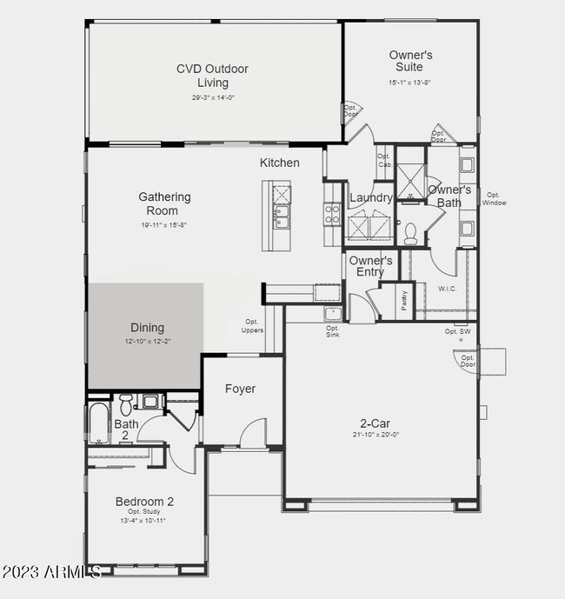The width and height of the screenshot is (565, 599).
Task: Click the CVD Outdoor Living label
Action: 212,76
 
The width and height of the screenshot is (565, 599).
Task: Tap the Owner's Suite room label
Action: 410,62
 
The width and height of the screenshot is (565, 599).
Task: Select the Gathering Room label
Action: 164,203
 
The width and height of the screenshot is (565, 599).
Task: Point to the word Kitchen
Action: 279,163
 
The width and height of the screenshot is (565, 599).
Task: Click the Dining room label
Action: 147,328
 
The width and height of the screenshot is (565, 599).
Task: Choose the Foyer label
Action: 240,389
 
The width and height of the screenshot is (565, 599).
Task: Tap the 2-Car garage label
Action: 375,423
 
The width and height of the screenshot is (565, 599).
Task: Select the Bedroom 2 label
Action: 145,502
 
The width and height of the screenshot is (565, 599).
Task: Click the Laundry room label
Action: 371,198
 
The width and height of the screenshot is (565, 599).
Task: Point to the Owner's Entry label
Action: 370,266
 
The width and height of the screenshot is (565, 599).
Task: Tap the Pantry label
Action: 405,300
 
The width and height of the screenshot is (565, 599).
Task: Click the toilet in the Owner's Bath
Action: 411,230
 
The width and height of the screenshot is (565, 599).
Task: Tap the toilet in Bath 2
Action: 126,403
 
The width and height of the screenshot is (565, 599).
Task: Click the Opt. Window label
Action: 495,199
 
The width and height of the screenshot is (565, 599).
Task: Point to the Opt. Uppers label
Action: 253,326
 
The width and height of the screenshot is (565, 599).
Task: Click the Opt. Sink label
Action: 332,331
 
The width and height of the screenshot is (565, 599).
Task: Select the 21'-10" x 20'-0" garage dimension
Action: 375,435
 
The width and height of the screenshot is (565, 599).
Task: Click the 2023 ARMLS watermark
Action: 52,572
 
